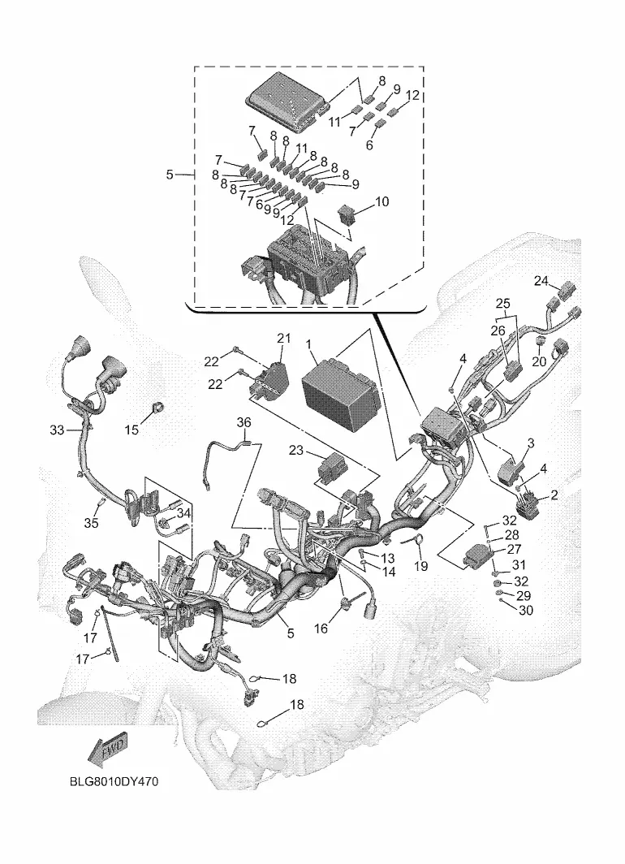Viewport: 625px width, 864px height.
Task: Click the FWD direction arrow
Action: [x=106, y=750]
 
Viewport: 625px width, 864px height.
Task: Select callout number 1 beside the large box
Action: [x=310, y=343]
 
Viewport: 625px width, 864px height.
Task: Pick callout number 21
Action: [x=282, y=338]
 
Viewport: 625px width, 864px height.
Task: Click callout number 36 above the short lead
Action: [x=244, y=422]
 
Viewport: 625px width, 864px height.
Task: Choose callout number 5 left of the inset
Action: [x=170, y=175]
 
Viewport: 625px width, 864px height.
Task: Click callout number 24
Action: [x=541, y=281]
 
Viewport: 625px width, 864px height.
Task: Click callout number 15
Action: [x=131, y=430]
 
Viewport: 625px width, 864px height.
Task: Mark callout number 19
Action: [x=421, y=566]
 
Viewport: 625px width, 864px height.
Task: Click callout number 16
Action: [x=321, y=629]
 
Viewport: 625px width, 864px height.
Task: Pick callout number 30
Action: [x=525, y=611]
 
